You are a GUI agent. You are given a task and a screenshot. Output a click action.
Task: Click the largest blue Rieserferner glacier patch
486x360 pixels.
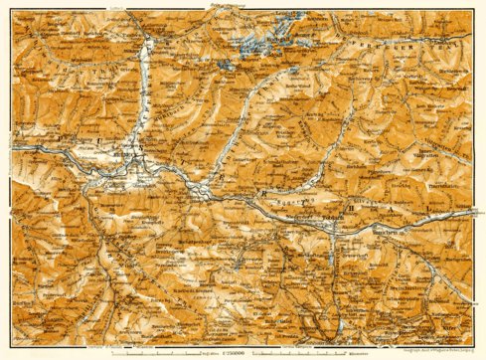[253, 50]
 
